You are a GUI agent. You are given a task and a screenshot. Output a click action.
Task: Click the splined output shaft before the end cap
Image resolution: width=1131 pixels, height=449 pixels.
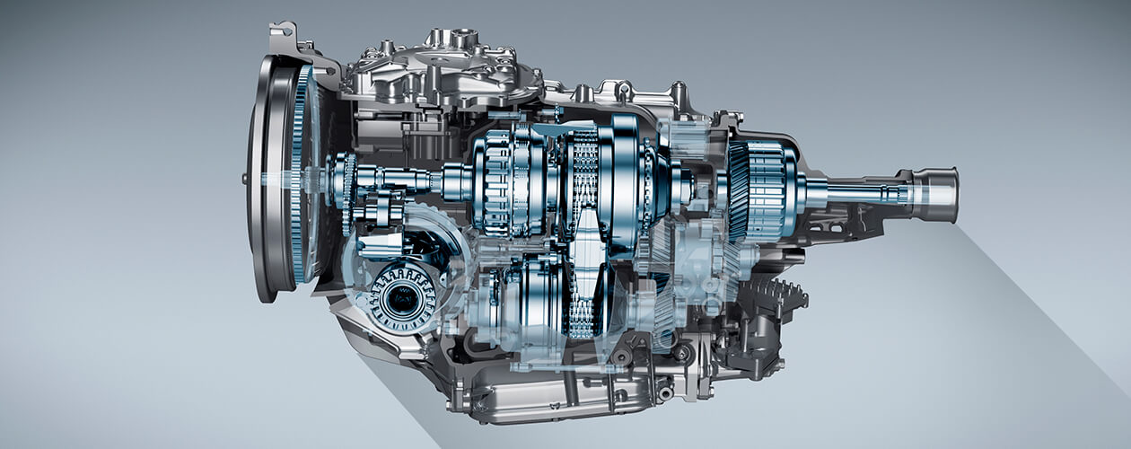point(862,191)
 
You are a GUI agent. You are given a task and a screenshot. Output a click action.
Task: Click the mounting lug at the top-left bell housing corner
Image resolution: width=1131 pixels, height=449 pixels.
point(282,34)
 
